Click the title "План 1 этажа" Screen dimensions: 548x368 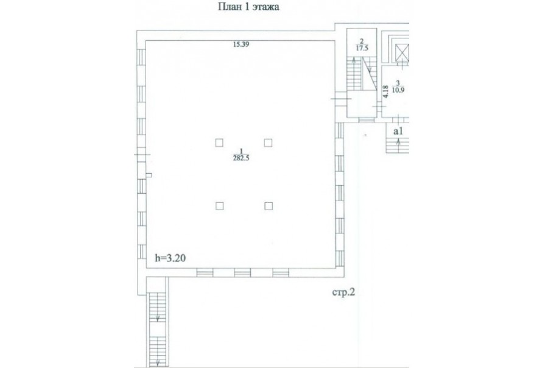tap(248, 7)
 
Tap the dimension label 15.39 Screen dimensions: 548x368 tap(241, 44)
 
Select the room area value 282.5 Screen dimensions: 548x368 tap(241, 158)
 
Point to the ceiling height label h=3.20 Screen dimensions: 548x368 tap(170, 258)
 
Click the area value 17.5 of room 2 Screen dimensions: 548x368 tap(362, 48)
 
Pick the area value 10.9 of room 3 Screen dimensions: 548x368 tap(398, 90)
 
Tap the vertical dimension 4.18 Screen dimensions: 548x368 tap(385, 91)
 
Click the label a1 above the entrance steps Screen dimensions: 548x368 tap(398, 131)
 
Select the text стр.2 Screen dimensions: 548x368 tap(343, 292)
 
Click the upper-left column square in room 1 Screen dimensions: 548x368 tap(219, 143)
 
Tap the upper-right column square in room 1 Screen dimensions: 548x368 tap(268, 143)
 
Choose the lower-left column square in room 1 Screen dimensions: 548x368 tap(219, 206)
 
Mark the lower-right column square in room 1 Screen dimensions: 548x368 tap(269, 206)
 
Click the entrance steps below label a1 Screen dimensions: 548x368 tap(398, 145)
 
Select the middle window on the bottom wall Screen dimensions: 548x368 tap(242, 272)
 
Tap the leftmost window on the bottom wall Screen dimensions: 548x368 tap(205, 272)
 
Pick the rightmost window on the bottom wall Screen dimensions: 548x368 tap(281, 272)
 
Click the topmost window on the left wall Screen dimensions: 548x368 tap(141, 57)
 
